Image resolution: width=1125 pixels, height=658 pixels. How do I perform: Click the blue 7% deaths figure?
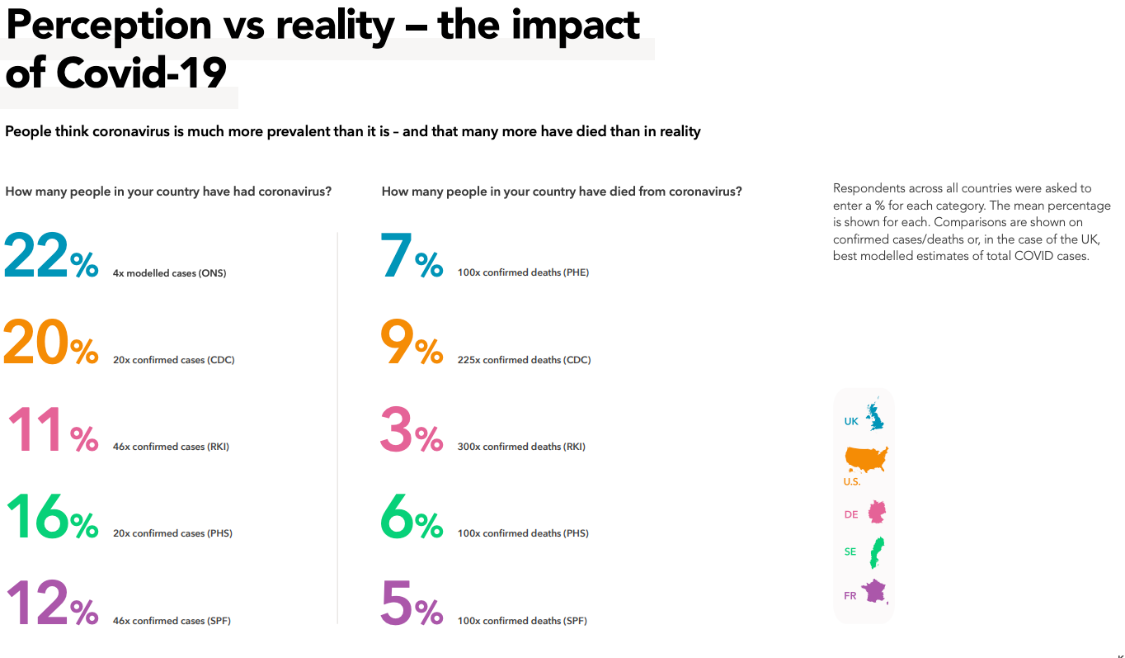pos(412,257)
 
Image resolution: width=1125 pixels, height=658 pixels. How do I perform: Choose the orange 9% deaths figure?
pos(412,343)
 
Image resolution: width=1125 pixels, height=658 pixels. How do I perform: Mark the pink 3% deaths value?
pos(412,431)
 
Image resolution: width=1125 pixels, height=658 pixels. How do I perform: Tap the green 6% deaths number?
pos(412,518)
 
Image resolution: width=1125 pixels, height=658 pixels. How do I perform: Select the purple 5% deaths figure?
pos(412,604)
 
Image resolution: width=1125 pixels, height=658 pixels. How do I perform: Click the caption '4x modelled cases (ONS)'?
pos(169,273)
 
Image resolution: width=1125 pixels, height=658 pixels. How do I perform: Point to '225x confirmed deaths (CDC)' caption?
pos(524,360)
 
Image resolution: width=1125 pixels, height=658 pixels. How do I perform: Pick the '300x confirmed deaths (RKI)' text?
pos(521,447)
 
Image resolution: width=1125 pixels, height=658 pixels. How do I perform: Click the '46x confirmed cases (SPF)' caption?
pos(172,621)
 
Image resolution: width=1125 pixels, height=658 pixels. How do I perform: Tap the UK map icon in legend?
pos(874,417)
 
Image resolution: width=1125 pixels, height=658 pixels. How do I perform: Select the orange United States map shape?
pos(866,459)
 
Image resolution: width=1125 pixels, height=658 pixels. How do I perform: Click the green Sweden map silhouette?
pos(877,551)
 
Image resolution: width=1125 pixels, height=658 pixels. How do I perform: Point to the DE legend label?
pos(851,514)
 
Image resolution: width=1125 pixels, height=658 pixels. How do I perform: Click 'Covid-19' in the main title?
pos(141,73)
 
